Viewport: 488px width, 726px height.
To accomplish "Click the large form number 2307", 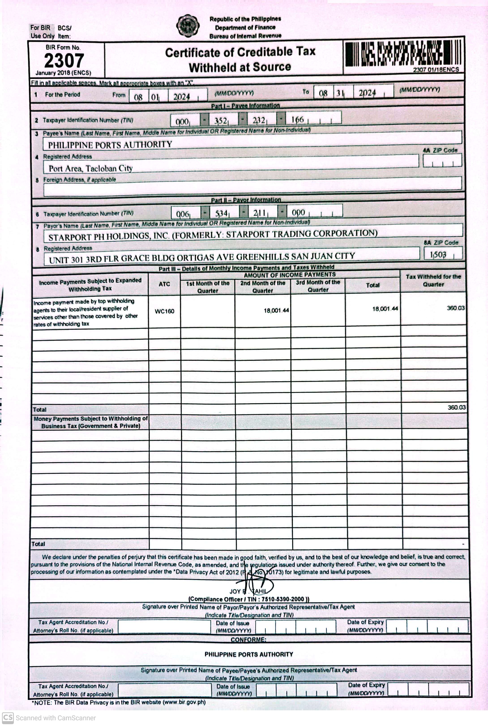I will coord(64,60).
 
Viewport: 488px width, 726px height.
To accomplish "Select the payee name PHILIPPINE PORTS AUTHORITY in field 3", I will coord(110,144).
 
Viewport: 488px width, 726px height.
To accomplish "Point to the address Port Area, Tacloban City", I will coord(91,168).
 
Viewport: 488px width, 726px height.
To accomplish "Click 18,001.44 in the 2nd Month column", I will coord(276,310).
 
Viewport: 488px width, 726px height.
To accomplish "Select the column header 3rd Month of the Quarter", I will coord(318,286).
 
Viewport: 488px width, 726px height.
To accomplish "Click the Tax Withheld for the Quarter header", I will coord(433,280).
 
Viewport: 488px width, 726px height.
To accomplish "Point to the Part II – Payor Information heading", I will coord(246,200).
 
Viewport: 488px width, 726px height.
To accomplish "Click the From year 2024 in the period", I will coord(182,97).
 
